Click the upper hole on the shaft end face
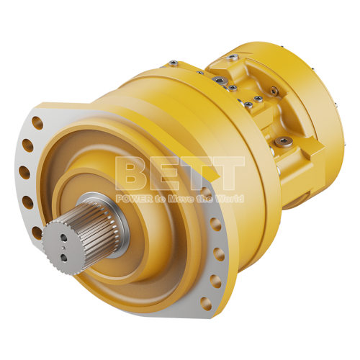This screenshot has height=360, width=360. [64, 238]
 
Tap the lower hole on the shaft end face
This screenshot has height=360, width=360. [64, 257]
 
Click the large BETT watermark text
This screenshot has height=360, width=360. [180, 174]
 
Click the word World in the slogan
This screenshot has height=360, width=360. [230, 199]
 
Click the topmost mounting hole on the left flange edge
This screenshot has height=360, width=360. [37, 122]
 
